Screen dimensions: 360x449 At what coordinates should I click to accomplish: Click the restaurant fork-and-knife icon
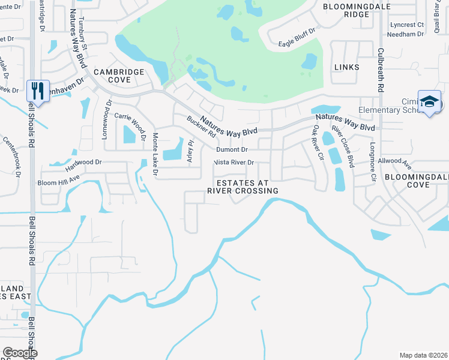[38, 91]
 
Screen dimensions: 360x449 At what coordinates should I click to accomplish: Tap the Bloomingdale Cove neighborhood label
[415, 181]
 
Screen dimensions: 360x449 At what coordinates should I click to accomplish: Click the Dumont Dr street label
[232, 149]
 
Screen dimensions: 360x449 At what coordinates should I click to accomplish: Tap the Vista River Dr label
[235, 163]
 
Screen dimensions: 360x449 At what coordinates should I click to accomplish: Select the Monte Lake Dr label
[154, 155]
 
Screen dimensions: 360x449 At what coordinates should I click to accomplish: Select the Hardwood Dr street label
[84, 162]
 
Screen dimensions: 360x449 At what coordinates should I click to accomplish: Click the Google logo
[20, 352]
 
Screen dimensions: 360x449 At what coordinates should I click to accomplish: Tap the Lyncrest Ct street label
[406, 25]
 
